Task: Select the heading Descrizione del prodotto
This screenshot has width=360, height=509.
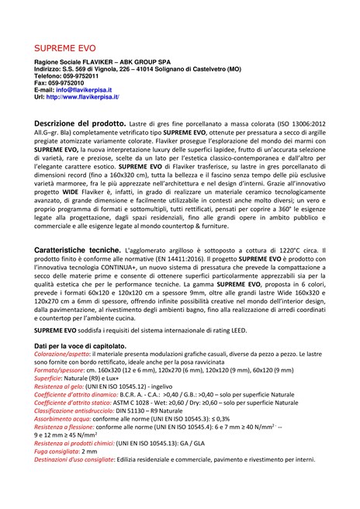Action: (x=85, y=123)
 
